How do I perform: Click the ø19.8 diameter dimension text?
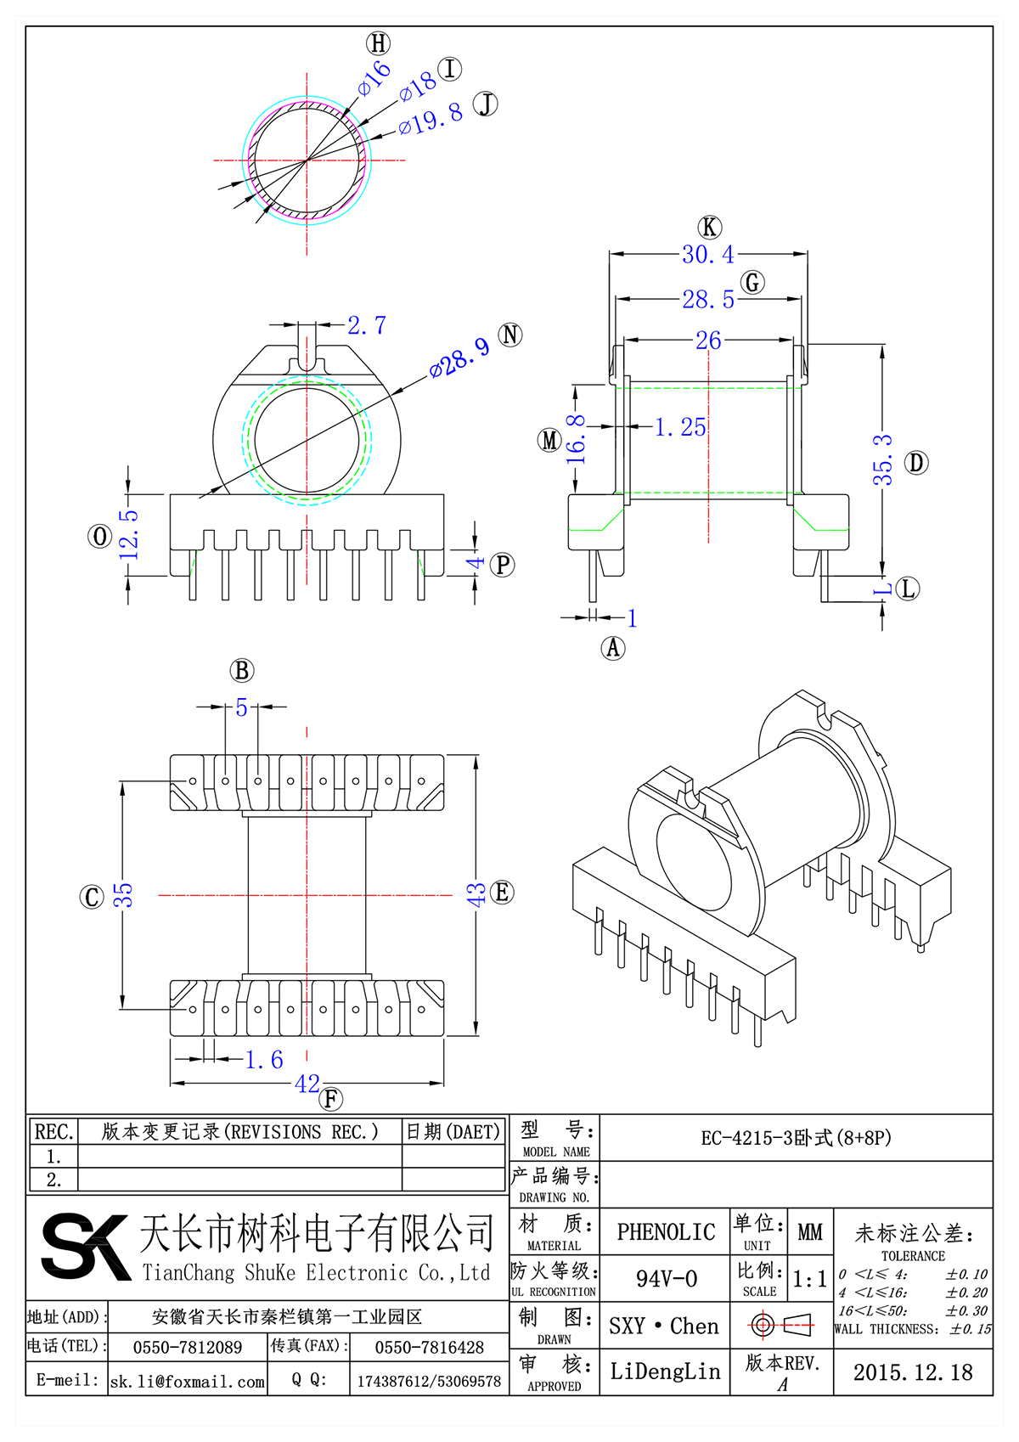tap(431, 119)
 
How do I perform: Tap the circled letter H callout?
tap(378, 43)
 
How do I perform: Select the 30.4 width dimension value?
tap(707, 254)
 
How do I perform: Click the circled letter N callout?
tap(510, 335)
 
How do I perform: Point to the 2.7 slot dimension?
tap(367, 325)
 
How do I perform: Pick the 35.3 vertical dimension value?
tap(883, 459)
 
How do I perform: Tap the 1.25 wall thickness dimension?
tap(680, 427)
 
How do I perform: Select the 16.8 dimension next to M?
tap(577, 438)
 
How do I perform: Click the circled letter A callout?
tap(613, 648)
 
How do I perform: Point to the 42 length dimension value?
tap(307, 1084)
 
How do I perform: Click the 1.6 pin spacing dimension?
tap(264, 1059)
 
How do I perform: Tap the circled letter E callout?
tap(503, 893)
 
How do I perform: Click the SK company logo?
tap(85, 1246)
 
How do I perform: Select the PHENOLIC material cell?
tap(666, 1232)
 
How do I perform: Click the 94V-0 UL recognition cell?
tap(666, 1279)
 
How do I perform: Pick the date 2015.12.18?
tap(913, 1372)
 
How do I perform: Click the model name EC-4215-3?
tap(796, 1138)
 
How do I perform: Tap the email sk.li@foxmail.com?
tap(188, 1382)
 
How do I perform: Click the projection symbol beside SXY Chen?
tap(781, 1325)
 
